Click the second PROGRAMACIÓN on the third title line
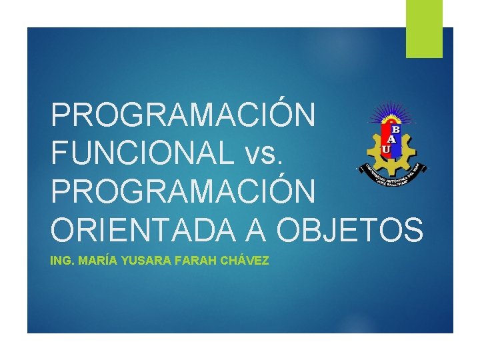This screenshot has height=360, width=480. tap(183, 191)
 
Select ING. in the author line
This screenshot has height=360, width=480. tap(63, 261)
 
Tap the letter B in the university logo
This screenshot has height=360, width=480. tap(395, 129)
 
